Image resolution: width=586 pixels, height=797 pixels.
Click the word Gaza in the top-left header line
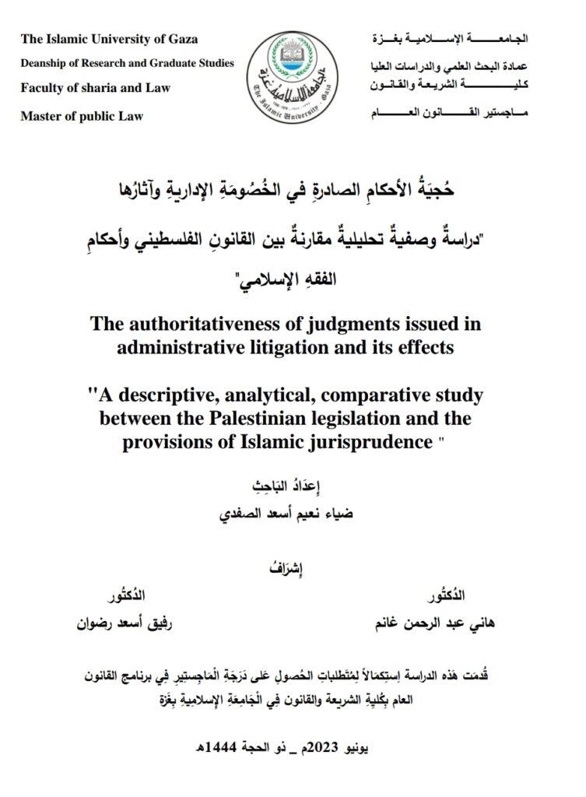coord(181,39)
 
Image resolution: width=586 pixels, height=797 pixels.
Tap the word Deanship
coord(47,63)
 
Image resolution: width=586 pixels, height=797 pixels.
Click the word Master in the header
coord(41,116)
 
